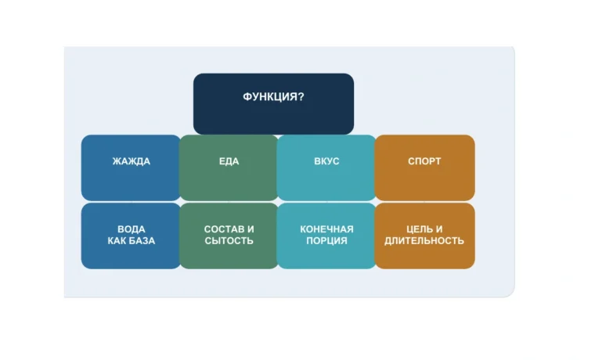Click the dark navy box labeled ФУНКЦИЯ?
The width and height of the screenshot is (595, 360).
tap(273, 104)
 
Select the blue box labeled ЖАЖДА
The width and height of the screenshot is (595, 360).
tap(131, 167)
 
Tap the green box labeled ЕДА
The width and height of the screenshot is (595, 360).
tap(229, 167)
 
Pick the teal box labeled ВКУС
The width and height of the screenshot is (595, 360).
tap(326, 167)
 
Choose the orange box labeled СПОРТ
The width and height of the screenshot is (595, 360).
tap(424, 167)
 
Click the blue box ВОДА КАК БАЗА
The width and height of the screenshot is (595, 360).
tap(131, 236)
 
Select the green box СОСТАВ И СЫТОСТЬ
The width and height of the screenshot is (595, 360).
tap(229, 236)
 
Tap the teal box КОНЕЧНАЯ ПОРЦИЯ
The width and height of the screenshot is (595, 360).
tap(326, 236)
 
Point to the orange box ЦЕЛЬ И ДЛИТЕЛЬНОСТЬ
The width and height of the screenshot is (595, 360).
tap(424, 236)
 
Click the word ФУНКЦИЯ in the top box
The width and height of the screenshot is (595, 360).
tap(270, 97)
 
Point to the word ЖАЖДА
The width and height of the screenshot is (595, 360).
tap(132, 161)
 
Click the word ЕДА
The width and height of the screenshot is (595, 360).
tap(229, 161)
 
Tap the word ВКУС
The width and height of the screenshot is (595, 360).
tap(326, 161)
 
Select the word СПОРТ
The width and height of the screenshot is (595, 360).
tap(424, 161)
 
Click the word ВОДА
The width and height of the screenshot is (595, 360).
tap(132, 229)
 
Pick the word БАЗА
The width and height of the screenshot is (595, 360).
tap(142, 241)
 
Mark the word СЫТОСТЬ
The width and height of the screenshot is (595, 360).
tap(229, 241)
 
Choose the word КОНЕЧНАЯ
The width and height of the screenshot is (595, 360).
tap(326, 229)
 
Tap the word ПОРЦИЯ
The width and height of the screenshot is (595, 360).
tap(326, 241)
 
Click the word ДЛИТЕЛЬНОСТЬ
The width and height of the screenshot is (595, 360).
tap(424, 241)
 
